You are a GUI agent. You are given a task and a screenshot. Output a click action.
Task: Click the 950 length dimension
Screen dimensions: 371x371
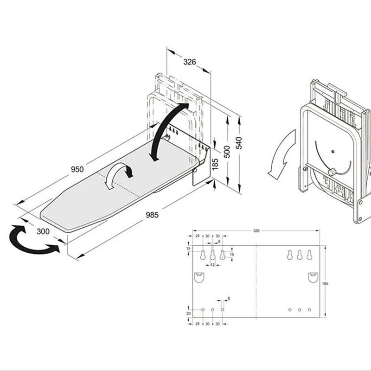click(x=77, y=170)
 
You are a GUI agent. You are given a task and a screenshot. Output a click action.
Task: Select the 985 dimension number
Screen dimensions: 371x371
click(x=152, y=215)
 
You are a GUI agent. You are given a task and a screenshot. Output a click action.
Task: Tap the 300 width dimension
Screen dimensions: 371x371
click(x=43, y=231)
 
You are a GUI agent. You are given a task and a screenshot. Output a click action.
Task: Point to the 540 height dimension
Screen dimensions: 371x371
click(x=239, y=143)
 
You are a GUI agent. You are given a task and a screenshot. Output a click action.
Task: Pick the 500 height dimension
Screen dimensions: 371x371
click(x=227, y=152)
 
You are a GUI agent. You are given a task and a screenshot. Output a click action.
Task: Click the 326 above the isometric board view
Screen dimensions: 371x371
click(x=189, y=62)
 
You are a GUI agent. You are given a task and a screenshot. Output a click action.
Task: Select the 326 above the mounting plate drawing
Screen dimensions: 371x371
click(x=256, y=230)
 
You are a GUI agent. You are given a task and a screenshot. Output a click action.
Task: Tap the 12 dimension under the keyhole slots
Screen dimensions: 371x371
click(x=212, y=265)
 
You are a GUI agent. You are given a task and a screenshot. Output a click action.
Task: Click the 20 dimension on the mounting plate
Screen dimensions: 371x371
click(x=188, y=313)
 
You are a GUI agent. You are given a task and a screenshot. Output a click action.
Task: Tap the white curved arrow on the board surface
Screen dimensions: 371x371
click(x=118, y=175)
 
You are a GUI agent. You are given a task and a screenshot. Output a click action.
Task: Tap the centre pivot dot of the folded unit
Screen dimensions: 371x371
click(x=333, y=151)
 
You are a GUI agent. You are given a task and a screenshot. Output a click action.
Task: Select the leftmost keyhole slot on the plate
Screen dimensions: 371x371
click(x=203, y=255)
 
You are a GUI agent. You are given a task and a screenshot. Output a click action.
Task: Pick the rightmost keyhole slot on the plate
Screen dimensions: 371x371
click(x=309, y=255)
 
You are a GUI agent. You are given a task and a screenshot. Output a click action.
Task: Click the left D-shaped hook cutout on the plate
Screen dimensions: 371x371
click(x=198, y=277)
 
